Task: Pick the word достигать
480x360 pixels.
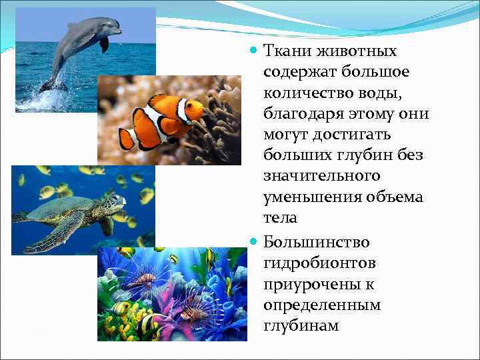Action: coord(357,135)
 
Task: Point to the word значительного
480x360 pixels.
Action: coord(321,176)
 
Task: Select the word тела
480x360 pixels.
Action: coord(280,218)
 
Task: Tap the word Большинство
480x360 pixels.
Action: coord(316,242)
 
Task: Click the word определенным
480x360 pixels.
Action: coord(321,305)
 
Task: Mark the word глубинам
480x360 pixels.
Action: coord(301,326)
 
